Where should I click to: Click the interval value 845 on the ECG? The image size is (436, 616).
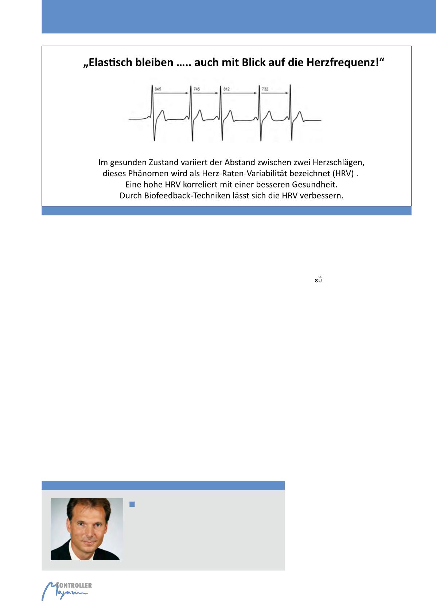point(158,89)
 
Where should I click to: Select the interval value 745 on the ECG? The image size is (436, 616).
point(196,89)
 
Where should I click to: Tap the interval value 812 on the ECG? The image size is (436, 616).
point(226,89)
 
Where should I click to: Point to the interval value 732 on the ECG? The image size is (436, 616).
point(265,89)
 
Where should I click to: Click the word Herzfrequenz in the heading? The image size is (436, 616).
point(345,63)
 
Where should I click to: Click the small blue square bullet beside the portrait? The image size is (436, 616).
point(132,504)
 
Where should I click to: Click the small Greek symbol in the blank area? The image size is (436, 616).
point(318,280)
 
